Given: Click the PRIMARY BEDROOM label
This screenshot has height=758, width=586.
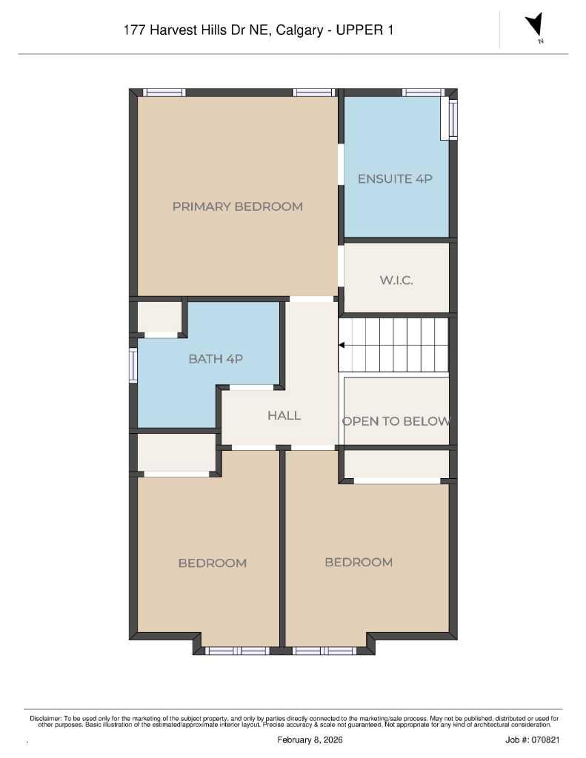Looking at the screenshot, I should click(237, 207).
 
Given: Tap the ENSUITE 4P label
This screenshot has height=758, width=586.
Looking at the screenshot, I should click(394, 178).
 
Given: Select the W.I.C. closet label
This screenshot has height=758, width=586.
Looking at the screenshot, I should click(396, 281).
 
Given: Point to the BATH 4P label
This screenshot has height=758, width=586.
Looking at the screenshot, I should click(216, 359).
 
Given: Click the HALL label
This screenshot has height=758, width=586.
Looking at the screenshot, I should click(284, 415).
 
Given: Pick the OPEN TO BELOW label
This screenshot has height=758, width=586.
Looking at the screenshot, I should click(396, 421).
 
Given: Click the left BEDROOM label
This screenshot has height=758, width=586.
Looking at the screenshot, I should click(212, 563).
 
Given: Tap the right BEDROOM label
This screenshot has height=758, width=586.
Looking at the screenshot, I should click(359, 563).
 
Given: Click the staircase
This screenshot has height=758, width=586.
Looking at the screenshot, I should click(394, 345).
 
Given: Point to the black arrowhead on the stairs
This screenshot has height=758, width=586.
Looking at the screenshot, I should click(342, 345).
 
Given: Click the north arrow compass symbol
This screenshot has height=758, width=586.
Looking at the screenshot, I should click(534, 25).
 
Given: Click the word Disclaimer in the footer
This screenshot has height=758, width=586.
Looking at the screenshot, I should click(45, 718).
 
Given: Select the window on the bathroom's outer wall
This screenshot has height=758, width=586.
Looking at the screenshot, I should click(133, 365).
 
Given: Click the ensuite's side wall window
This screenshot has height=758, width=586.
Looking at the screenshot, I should click(453, 118).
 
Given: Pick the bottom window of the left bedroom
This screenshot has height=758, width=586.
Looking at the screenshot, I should click(236, 651).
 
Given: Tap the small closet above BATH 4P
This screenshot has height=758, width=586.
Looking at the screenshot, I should click(160, 317).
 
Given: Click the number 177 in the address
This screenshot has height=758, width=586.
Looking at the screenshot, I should click(136, 30).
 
